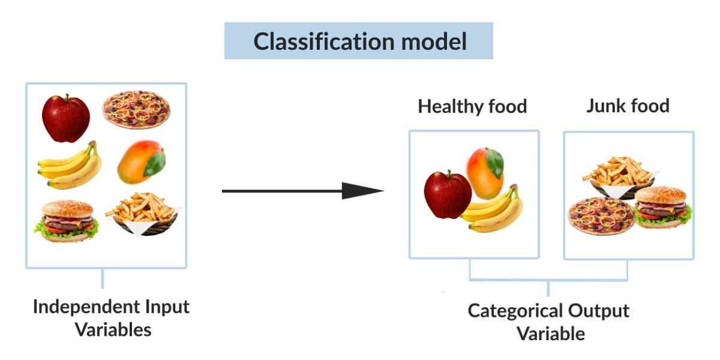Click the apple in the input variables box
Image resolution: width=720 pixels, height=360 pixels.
tap(65, 119)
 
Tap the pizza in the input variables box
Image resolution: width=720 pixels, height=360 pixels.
tap(136, 110)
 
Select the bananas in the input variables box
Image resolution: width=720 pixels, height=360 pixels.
tap(70, 166)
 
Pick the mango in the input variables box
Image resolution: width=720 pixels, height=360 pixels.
tap(141, 163)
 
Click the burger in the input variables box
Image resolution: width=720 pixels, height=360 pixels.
tap(67, 220)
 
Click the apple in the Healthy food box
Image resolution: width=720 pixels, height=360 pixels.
tap(447, 195)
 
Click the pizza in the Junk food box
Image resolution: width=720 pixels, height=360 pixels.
tap(601, 215)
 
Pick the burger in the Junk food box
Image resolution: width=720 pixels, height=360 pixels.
tap(662, 207)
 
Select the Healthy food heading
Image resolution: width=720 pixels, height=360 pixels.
tap(472, 107)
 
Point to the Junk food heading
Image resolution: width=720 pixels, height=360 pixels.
tap(628, 106)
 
